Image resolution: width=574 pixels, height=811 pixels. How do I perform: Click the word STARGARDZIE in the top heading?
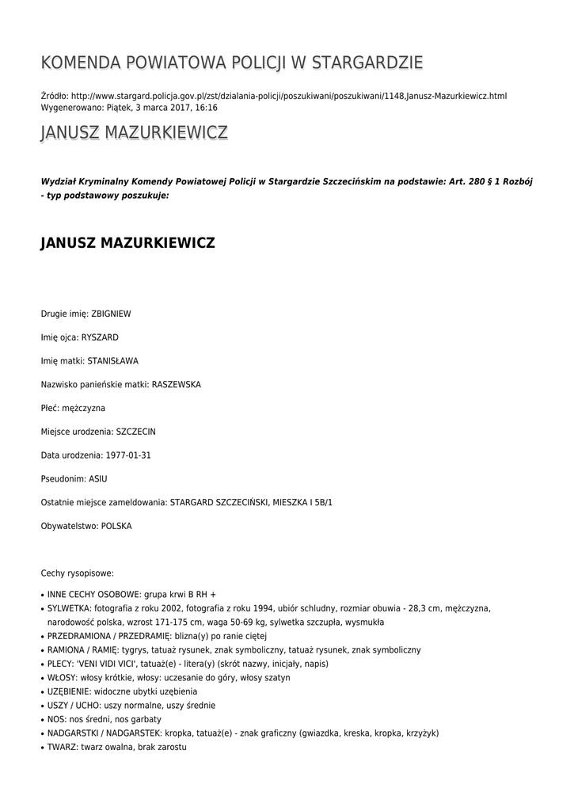367,63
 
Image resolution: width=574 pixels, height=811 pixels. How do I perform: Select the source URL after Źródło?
289,96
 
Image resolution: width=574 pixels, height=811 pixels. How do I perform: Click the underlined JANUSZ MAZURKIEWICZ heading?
134,133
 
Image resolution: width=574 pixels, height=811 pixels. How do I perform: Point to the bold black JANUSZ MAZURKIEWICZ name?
127,243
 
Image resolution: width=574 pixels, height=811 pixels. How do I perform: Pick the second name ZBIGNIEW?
112,314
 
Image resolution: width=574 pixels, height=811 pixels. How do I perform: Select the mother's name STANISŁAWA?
112,361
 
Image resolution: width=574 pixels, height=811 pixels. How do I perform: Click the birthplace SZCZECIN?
135,432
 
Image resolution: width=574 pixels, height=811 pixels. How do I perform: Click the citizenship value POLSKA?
116,526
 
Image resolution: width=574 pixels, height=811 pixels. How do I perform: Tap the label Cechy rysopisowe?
78,572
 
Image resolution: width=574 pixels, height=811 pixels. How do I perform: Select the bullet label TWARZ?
60,746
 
